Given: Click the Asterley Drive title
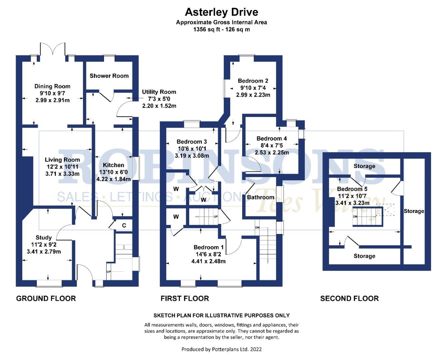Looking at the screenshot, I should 221,12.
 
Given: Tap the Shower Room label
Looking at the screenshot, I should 109,76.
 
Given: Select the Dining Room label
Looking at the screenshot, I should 52,86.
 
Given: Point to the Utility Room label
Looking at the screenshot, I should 159,92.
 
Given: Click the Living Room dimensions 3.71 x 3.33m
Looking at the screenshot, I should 62,174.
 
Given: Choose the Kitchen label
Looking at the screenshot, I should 113,165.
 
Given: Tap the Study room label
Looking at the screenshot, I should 44,238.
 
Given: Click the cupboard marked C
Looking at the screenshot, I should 124,226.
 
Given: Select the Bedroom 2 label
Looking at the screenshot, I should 253,81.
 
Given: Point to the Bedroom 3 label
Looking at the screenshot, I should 192,142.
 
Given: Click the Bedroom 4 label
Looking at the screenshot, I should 271,138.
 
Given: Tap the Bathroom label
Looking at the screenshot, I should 260,197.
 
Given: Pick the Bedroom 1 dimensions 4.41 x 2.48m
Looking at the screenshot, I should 208,261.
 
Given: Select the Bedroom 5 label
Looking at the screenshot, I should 352,189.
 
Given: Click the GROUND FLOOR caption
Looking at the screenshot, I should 46,298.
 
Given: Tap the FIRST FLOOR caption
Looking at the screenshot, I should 185,298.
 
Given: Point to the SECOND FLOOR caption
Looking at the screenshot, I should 349,298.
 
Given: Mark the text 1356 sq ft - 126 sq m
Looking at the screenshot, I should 221,29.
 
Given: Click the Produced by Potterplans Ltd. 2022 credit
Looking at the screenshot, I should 221,349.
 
